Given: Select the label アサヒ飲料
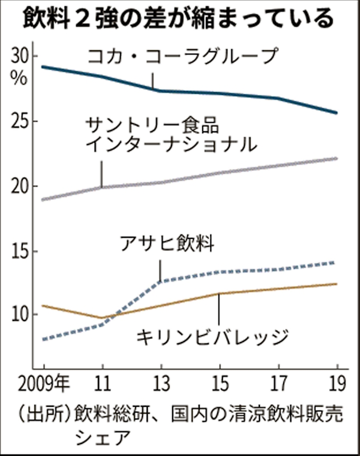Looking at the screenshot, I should coord(167,244).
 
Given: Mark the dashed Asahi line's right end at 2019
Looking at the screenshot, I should coord(336,262).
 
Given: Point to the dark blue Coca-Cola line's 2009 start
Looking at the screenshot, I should coord(43,67).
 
